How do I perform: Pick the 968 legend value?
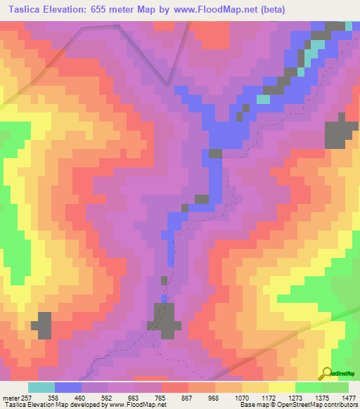(214, 397)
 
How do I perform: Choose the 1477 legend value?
(349, 397)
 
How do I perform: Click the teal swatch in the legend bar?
(41, 387)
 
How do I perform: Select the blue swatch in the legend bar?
(68, 387)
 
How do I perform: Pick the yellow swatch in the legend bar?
(282, 387)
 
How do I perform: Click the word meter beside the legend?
(11, 397)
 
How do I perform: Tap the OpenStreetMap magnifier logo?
(327, 372)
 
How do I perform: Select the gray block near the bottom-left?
(43, 326)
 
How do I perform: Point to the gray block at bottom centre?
(167, 320)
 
